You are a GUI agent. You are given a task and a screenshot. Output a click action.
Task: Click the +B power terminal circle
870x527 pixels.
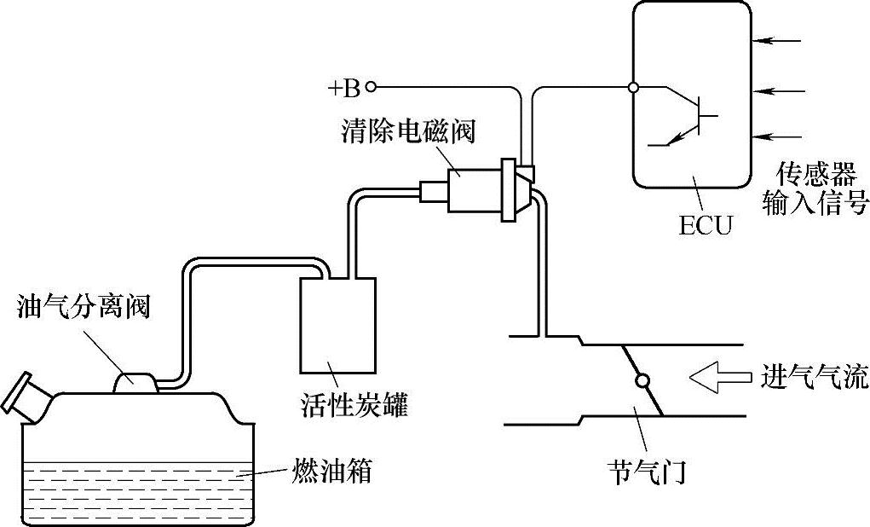371,87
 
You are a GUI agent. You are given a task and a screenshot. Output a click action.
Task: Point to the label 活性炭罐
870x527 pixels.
355,403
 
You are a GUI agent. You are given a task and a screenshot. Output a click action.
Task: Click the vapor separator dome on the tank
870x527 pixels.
136,381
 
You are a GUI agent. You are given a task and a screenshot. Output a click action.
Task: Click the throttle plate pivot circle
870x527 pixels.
642,380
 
